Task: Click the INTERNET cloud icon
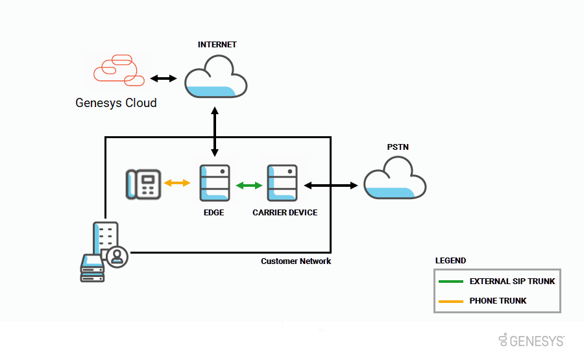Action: tap(215, 77)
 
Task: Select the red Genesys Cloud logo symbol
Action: tap(118, 70)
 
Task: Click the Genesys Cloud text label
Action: tap(116, 102)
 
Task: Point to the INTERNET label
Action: tap(217, 45)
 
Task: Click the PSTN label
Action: tap(398, 147)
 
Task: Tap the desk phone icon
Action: tap(143, 184)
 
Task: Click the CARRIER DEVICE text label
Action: tap(285, 212)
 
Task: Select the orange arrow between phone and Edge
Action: tap(177, 184)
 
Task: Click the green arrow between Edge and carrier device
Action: tap(249, 186)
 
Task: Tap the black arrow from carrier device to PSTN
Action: tap(331, 186)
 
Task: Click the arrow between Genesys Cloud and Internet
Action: tap(164, 78)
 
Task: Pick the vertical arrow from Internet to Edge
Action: tap(214, 130)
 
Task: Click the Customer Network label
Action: tap(296, 261)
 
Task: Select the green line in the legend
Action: tap(450, 282)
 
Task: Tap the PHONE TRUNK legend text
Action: tap(498, 301)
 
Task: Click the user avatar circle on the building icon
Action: tap(117, 256)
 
